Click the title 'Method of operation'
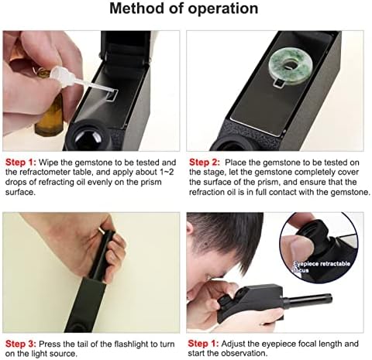coord(184,9)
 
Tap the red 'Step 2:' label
coord(205,163)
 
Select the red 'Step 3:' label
coord(21,344)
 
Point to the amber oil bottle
coord(50,114)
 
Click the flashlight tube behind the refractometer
coord(308,300)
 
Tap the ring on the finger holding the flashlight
coord(102,229)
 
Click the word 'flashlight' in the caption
coord(131,344)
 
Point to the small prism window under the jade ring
coord(278,83)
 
